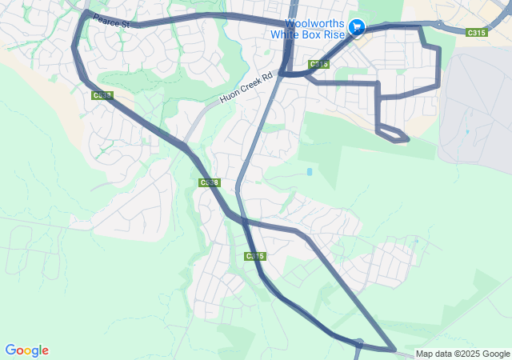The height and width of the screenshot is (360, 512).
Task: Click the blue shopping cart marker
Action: pyautogui.click(x=358, y=27)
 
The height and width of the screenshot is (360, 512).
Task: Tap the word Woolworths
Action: pyautogui.click(x=320, y=23)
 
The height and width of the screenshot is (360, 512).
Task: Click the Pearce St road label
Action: pyautogui.click(x=110, y=20)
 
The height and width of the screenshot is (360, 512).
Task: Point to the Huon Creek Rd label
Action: pyautogui.click(x=246, y=87)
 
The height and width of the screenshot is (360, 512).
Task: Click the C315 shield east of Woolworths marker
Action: pyautogui.click(x=476, y=32)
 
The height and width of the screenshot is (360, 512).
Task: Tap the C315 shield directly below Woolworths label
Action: pyautogui.click(x=318, y=64)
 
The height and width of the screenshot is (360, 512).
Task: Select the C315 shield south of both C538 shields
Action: pyautogui.click(x=254, y=256)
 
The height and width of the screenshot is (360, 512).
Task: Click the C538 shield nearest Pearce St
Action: pyautogui.click(x=102, y=95)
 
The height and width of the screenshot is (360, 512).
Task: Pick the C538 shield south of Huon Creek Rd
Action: pyautogui.click(x=209, y=183)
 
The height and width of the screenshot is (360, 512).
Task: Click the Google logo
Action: pyautogui.click(x=27, y=350)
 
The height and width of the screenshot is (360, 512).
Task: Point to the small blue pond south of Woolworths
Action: pyautogui.click(x=309, y=171)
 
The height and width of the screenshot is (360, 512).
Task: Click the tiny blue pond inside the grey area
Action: pyautogui.click(x=466, y=132)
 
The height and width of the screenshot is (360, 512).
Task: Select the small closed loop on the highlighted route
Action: pyautogui.click(x=393, y=134)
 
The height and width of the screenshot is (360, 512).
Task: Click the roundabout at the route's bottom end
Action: pyautogui.click(x=359, y=345)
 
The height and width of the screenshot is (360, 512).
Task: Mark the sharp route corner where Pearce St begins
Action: pyautogui.click(x=86, y=13)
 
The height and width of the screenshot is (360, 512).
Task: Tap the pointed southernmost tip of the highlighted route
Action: pyautogui.click(x=394, y=350)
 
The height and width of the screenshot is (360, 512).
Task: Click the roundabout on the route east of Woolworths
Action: pyautogui.click(x=439, y=24)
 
